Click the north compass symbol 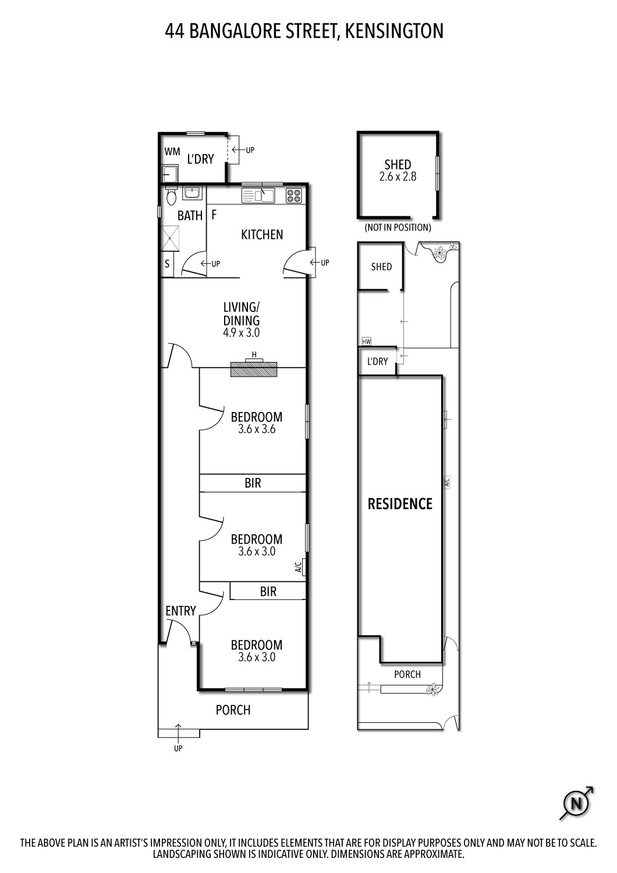click(577, 804)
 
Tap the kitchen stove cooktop click(293, 196)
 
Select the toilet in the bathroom click(171, 198)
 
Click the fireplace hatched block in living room click(254, 369)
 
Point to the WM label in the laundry click(172, 152)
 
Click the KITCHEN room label click(262, 235)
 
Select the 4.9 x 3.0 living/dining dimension click(241, 333)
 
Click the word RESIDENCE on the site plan click(400, 504)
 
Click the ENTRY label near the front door click(180, 611)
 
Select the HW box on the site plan click(366, 342)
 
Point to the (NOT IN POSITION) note click(398, 228)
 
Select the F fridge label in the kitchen click(214, 215)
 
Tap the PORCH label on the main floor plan click(233, 710)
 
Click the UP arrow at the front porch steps click(178, 734)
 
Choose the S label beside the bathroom click(167, 264)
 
